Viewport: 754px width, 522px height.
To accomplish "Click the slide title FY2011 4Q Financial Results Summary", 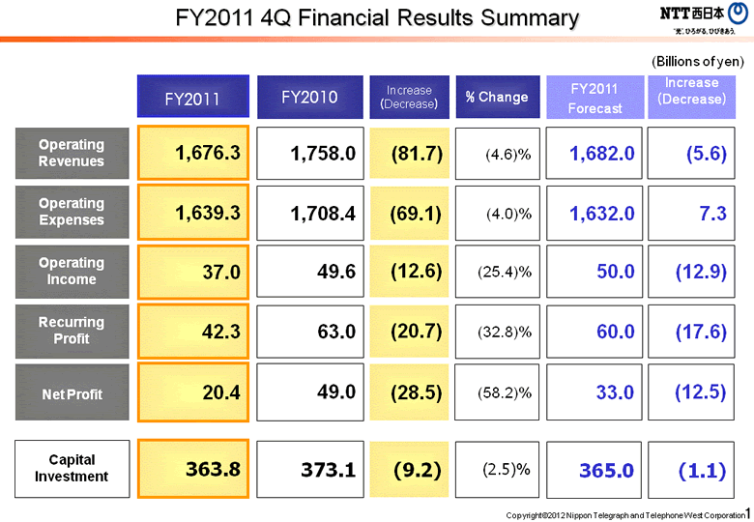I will pos(377,17).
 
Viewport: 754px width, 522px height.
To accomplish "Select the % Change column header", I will pos(496,97).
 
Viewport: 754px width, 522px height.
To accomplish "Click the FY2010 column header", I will pos(309,97).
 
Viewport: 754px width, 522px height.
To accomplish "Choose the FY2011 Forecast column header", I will pos(594,98).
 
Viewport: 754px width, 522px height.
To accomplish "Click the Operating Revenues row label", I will pos(72,153).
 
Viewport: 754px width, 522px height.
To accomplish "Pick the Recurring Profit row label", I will pos(72,331).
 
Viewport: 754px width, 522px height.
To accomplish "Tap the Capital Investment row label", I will pos(72,469).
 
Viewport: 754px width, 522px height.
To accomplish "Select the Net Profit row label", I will pos(72,393).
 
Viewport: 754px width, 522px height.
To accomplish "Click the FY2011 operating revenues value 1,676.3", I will pos(193,153).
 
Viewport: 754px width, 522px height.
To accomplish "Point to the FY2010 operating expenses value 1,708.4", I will pos(310,213).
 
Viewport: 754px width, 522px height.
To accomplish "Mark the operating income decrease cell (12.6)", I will pos(410,272).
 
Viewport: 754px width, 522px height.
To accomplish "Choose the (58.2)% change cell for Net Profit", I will pos(496,392).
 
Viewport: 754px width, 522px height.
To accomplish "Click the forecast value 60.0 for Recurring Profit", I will pos(594,332).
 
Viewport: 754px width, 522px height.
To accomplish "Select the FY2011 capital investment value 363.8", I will pos(193,469).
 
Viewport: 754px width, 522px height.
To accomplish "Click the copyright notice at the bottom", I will pos(626,515).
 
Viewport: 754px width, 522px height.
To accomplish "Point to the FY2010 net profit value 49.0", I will pos(310,391).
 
